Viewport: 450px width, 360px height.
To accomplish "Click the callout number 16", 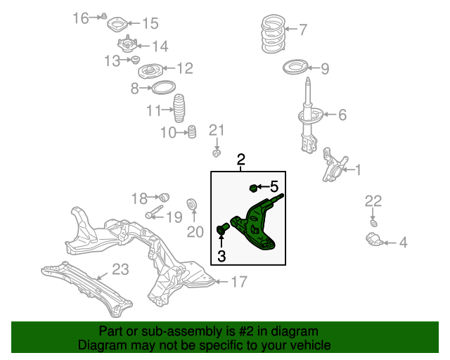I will pyautogui.click(x=81, y=17).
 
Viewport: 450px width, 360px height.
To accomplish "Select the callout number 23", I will pyautogui.click(x=121, y=268).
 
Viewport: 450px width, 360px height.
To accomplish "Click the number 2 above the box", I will pyautogui.click(x=240, y=160).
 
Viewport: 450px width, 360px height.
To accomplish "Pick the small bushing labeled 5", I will pyautogui.click(x=255, y=187).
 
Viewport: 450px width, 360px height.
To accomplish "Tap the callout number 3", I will pyautogui.click(x=221, y=257).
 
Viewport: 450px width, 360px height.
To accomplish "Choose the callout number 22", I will pyautogui.click(x=373, y=202).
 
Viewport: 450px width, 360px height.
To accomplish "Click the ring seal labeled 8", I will pyautogui.click(x=163, y=88).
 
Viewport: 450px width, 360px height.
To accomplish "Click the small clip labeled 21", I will pyautogui.click(x=217, y=153).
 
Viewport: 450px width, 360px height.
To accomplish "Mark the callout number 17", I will pyautogui.click(x=239, y=283).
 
